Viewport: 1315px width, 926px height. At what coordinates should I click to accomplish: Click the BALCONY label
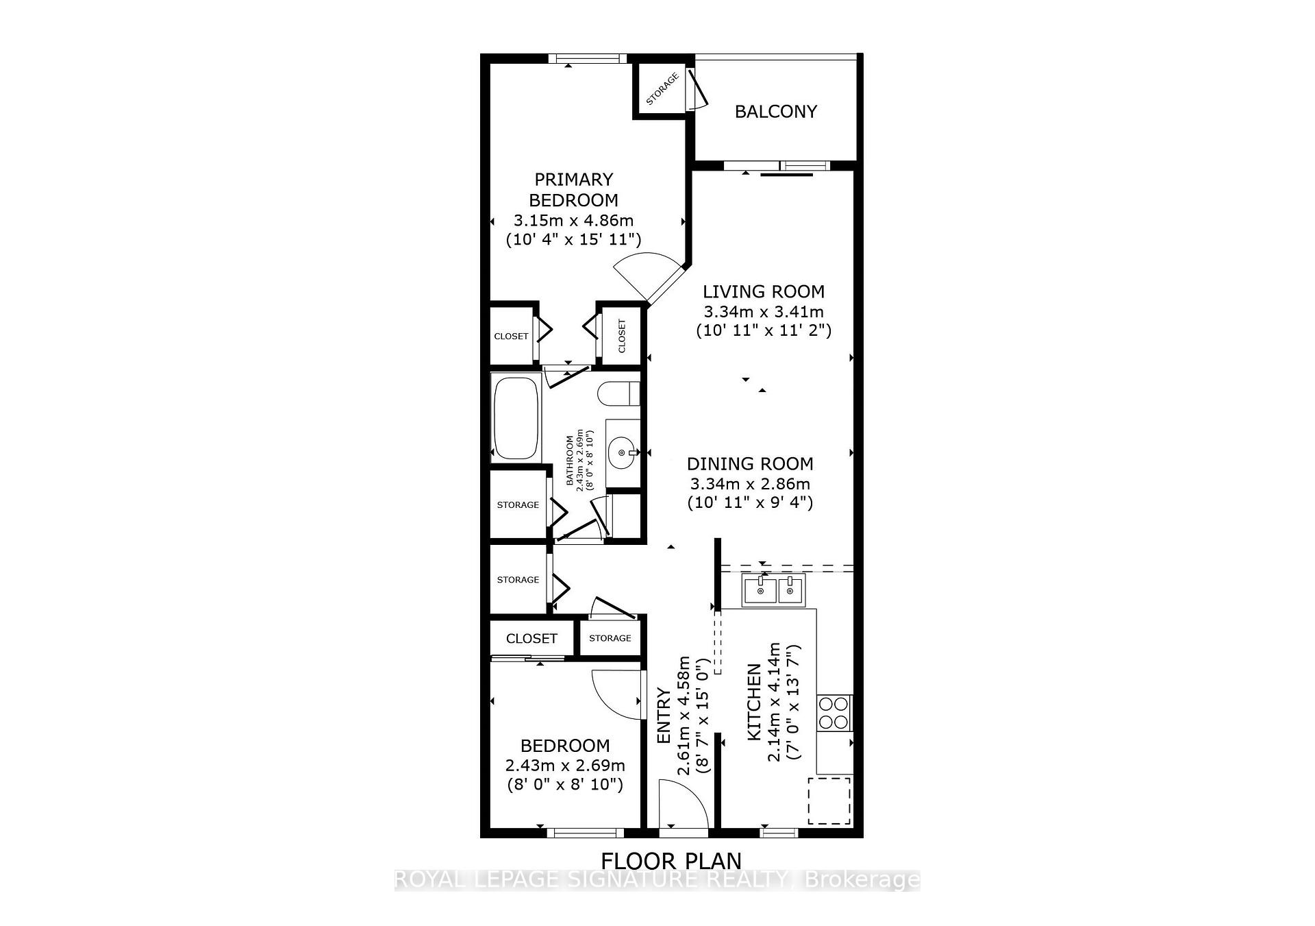(775, 112)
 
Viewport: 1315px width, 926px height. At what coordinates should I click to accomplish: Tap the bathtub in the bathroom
(516, 417)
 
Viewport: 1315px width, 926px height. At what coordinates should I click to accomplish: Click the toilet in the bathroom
(617, 394)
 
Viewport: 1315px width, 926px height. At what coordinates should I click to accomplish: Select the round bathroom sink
(623, 452)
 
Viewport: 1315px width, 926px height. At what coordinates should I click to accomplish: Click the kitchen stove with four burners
(834, 713)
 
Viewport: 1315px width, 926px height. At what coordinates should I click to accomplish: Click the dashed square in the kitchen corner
(829, 801)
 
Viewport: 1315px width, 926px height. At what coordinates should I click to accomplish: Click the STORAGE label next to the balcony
(662, 89)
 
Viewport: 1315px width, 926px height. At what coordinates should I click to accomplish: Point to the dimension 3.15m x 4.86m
(573, 221)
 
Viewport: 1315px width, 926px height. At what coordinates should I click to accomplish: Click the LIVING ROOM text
(764, 291)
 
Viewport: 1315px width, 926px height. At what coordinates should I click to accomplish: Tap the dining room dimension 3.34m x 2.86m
(750, 483)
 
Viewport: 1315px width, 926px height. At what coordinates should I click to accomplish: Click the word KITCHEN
(754, 702)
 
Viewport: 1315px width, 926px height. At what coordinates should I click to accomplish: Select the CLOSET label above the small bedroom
(531, 639)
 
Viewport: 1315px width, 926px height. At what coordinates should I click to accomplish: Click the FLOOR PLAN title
(671, 860)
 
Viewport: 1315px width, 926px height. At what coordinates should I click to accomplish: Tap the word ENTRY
(664, 716)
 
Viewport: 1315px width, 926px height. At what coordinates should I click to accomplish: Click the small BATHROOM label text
(569, 461)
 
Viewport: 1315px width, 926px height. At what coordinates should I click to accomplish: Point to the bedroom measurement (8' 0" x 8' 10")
(565, 785)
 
